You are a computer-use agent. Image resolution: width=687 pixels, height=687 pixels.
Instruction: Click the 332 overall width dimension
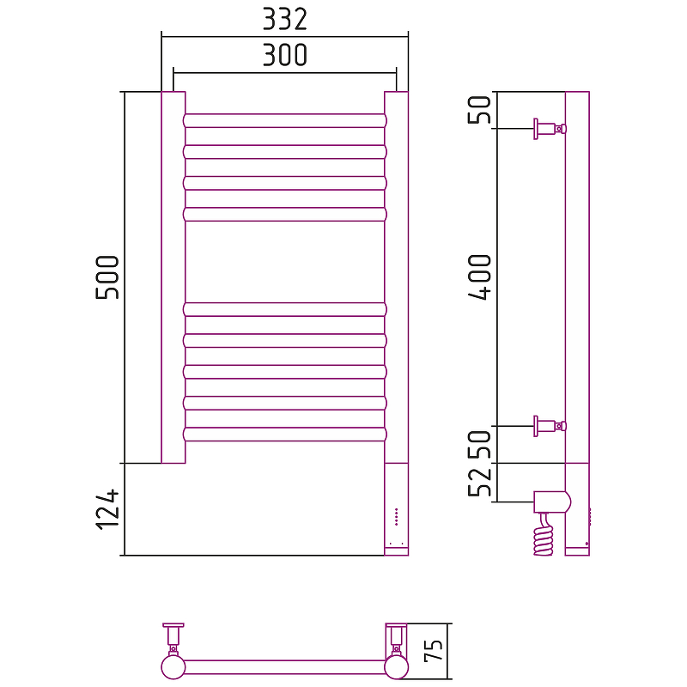[x=285, y=18]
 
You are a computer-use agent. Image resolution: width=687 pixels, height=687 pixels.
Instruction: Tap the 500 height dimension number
[x=108, y=277]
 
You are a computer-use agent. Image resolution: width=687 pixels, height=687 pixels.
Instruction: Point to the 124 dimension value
[x=108, y=508]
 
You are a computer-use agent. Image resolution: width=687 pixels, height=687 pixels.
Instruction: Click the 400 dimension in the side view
[x=482, y=277]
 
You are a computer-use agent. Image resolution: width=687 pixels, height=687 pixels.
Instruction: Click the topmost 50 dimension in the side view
[x=482, y=109]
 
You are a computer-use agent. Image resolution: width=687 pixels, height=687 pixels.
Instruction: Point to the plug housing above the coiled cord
[x=550, y=501]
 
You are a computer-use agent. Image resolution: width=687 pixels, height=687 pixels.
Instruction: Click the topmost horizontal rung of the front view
[x=284, y=120]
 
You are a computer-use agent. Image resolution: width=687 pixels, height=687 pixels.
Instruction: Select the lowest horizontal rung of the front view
[x=284, y=434]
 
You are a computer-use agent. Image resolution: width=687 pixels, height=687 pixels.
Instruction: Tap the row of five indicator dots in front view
[x=397, y=516]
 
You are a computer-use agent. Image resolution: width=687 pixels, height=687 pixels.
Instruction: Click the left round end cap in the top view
[x=173, y=666]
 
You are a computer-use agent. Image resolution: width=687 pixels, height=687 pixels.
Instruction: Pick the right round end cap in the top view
[x=396, y=666]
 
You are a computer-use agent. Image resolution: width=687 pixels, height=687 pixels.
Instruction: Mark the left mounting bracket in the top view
[x=173, y=635]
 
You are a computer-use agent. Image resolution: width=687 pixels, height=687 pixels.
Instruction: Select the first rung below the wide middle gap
[x=284, y=308]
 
